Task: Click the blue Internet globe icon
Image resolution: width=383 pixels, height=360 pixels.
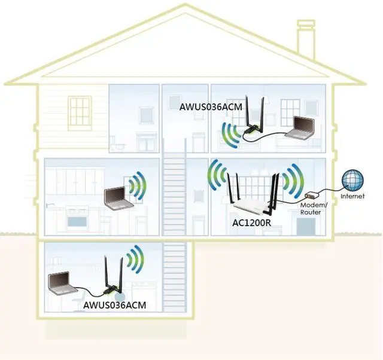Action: (x=352, y=181)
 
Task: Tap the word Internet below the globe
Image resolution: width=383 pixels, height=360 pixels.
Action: (x=352, y=196)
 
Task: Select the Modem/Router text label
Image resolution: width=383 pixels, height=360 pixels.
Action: (x=311, y=209)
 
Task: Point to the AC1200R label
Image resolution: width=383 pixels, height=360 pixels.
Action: (x=251, y=222)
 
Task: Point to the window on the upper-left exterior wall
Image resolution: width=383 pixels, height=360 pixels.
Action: (x=77, y=111)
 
